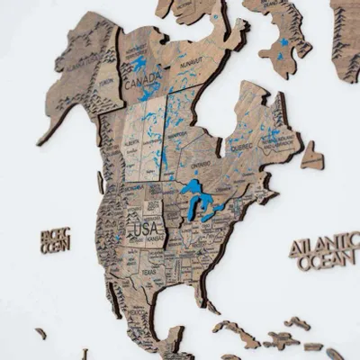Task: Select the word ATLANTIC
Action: coord(321,245)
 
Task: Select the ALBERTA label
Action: coord(132,142)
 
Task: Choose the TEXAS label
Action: coord(147,271)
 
